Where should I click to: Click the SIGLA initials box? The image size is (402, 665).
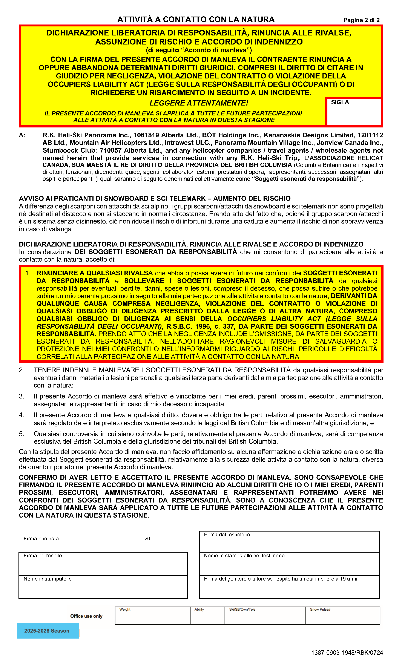pos(354,112)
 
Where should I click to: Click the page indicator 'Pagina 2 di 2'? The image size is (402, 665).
pos(361,20)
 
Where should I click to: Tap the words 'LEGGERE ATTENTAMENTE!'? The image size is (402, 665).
pos(199,103)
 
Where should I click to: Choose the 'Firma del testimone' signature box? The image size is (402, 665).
pos(289,541)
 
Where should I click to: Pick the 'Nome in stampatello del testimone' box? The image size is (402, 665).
pos(289,564)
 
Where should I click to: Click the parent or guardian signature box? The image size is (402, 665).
pos(289,587)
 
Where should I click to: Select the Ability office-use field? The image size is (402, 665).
pos(207,616)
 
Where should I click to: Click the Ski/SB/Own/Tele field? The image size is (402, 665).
pos(265,616)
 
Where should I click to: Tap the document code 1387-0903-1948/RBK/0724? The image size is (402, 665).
pos(347,653)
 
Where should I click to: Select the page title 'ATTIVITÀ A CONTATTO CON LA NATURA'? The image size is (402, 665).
pos(196,19)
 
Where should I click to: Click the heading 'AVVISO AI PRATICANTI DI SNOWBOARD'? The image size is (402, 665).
pos(154,198)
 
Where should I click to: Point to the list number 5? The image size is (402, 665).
pos(21,434)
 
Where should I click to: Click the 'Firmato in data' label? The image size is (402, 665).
pos(41,539)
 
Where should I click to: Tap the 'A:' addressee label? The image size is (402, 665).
pos(22,135)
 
